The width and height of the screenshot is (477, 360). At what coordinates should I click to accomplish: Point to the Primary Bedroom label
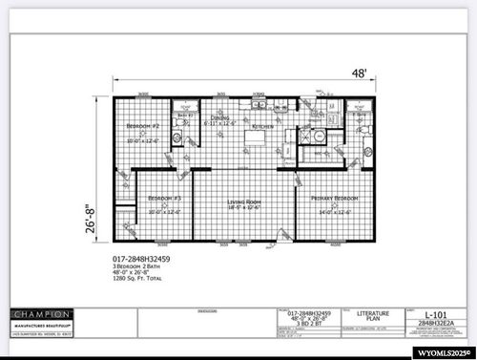(334, 198)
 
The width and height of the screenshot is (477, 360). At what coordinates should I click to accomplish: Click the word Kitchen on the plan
(262, 125)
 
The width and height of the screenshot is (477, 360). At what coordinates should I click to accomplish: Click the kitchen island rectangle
(253, 139)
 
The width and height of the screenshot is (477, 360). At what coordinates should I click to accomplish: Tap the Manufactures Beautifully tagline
(41, 327)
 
